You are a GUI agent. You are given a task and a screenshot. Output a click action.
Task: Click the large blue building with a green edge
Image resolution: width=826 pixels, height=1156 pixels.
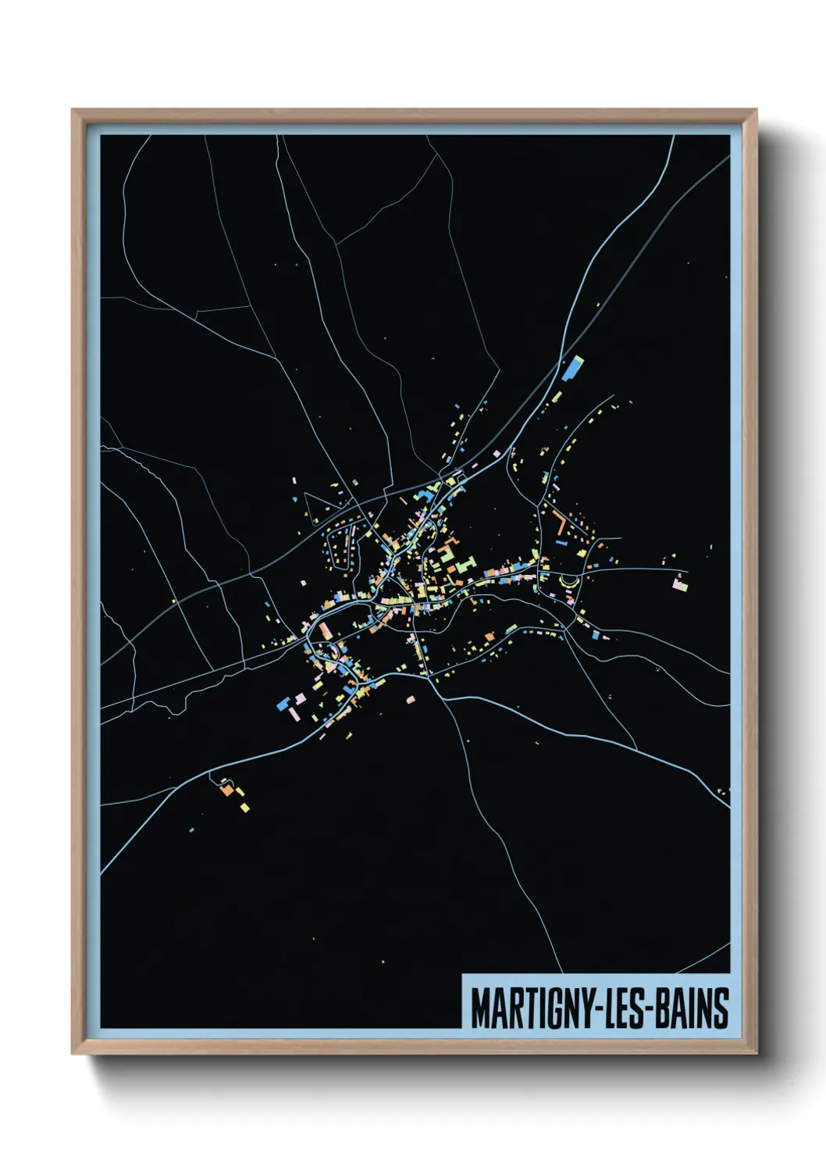(x=573, y=367)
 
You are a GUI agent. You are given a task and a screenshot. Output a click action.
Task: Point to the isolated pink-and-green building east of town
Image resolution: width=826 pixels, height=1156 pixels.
(x=680, y=582)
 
